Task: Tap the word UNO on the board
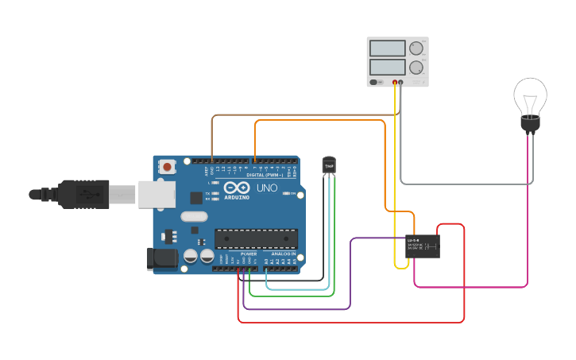[x=266, y=189]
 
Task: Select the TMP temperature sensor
[x=329, y=164]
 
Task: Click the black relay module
[x=423, y=246]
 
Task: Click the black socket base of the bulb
[x=530, y=123]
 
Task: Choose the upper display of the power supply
[x=388, y=48]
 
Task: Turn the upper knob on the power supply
[x=416, y=48]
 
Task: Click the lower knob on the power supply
[x=416, y=68]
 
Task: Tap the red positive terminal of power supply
[x=394, y=82]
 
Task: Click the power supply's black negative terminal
[x=401, y=82]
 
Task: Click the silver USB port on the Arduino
[x=157, y=194]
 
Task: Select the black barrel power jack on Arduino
[x=161, y=259]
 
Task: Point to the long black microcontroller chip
[x=256, y=238]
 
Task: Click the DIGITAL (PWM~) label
[x=265, y=175]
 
